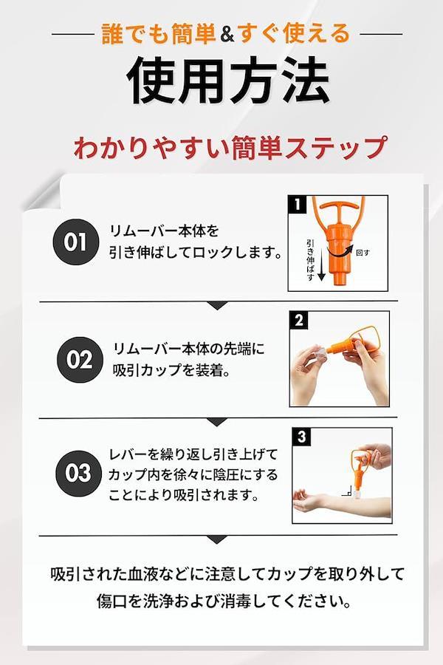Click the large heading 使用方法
point(227,80)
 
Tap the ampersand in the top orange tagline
point(227,35)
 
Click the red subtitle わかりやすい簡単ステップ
point(230,147)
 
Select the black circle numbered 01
point(75,242)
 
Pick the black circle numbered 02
point(80,360)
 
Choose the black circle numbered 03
point(78,473)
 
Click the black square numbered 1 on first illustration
point(297,205)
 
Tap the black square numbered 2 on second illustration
point(299,320)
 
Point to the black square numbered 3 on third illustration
point(301,437)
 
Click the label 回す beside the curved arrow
point(363,253)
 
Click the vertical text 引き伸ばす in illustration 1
point(310,260)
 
